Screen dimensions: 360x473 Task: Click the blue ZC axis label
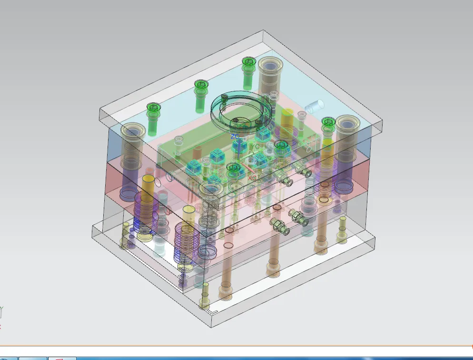[235, 137]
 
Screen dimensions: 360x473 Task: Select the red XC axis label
[252, 178]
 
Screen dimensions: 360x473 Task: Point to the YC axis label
[256, 147]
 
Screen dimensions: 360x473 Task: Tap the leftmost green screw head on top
[152, 108]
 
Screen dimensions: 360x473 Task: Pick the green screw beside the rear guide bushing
[248, 62]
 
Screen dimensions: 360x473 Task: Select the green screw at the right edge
[328, 122]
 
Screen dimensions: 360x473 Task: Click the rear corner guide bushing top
[270, 64]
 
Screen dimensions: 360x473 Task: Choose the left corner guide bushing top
[132, 130]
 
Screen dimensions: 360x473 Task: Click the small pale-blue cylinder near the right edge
[315, 106]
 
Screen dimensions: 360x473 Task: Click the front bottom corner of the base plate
[212, 327]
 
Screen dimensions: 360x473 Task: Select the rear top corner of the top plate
[263, 31]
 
